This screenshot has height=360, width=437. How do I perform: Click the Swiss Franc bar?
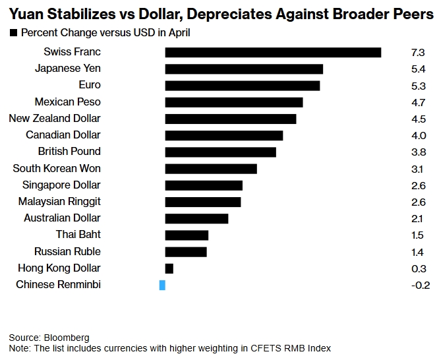[273, 52]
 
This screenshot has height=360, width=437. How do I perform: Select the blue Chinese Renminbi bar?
[162, 285]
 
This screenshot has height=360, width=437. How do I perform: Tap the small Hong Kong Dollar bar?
[169, 268]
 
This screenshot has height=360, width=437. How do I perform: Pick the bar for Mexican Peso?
[233, 102]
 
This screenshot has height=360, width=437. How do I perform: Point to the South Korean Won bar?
[210, 169]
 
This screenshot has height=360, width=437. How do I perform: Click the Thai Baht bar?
[187, 235]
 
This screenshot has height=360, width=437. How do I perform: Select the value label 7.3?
[418, 52]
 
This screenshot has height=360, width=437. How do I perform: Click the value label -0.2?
[419, 285]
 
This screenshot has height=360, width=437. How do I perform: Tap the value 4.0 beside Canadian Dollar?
[418, 135]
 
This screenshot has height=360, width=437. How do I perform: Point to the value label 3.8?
[418, 152]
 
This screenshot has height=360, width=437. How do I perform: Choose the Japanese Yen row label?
[68, 69]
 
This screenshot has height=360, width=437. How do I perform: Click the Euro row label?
[89, 85]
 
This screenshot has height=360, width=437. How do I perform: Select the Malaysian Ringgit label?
[59, 202]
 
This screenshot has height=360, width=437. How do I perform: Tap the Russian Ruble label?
[67, 251]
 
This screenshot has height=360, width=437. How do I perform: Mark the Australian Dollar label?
[62, 218]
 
